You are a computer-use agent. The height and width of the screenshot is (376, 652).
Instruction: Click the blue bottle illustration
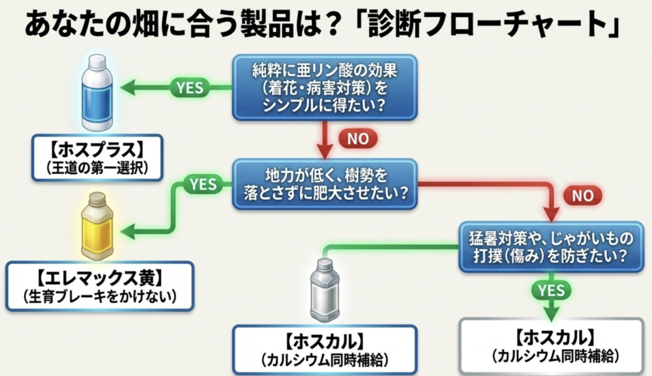(x=97, y=93)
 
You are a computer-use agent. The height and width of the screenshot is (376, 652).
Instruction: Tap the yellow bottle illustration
(x=97, y=226)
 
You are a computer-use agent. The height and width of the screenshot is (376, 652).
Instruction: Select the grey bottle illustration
(x=325, y=290)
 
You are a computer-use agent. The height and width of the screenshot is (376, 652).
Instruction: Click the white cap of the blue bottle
(x=97, y=61)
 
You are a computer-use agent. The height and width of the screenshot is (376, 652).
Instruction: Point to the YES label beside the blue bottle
(x=190, y=88)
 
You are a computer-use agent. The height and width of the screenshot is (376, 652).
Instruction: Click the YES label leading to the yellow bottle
(x=203, y=184)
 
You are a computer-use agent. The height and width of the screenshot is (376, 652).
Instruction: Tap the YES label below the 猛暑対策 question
(x=552, y=291)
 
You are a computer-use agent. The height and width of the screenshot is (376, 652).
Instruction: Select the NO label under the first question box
(x=358, y=139)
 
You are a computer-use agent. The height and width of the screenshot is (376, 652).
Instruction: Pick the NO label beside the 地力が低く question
(x=582, y=195)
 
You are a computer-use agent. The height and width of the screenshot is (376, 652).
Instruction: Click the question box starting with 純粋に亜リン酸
(x=325, y=88)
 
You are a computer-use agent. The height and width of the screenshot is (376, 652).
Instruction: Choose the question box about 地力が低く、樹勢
(x=325, y=184)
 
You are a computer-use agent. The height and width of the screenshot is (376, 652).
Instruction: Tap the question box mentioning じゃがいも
(x=551, y=247)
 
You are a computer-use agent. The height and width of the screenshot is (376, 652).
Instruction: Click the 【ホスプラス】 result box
(x=97, y=158)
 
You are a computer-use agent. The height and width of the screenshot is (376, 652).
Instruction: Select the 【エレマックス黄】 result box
(x=100, y=286)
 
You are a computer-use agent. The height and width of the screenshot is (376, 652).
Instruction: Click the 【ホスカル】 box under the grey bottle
(x=325, y=350)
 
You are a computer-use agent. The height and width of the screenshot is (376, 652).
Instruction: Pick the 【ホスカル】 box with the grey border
(x=552, y=346)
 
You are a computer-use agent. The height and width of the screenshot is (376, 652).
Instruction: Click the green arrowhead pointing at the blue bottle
(x=128, y=88)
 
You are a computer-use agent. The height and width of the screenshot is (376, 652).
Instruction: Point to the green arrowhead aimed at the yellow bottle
(x=128, y=231)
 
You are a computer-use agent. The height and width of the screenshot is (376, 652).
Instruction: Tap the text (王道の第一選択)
(x=97, y=168)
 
